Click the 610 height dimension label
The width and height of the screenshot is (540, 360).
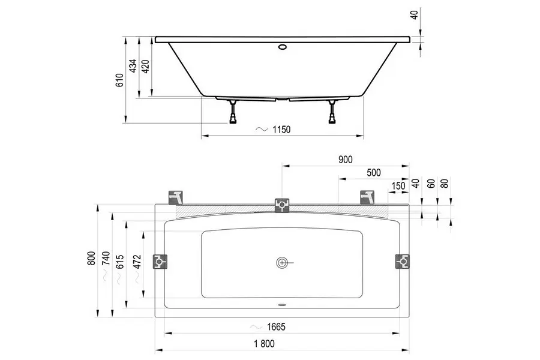click(119, 80)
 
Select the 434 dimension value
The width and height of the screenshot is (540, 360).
click(133, 66)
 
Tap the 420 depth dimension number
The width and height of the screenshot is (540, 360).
click(145, 67)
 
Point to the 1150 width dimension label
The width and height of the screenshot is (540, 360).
click(281, 130)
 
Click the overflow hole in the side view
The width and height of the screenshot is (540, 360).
click(283, 47)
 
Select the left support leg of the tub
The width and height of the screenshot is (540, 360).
click(233, 112)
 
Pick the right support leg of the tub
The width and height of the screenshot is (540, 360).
click(332, 112)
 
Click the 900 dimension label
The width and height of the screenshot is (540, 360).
click(346, 160)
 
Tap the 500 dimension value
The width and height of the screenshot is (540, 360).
click(374, 173)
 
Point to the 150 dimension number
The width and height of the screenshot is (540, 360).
click(398, 186)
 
